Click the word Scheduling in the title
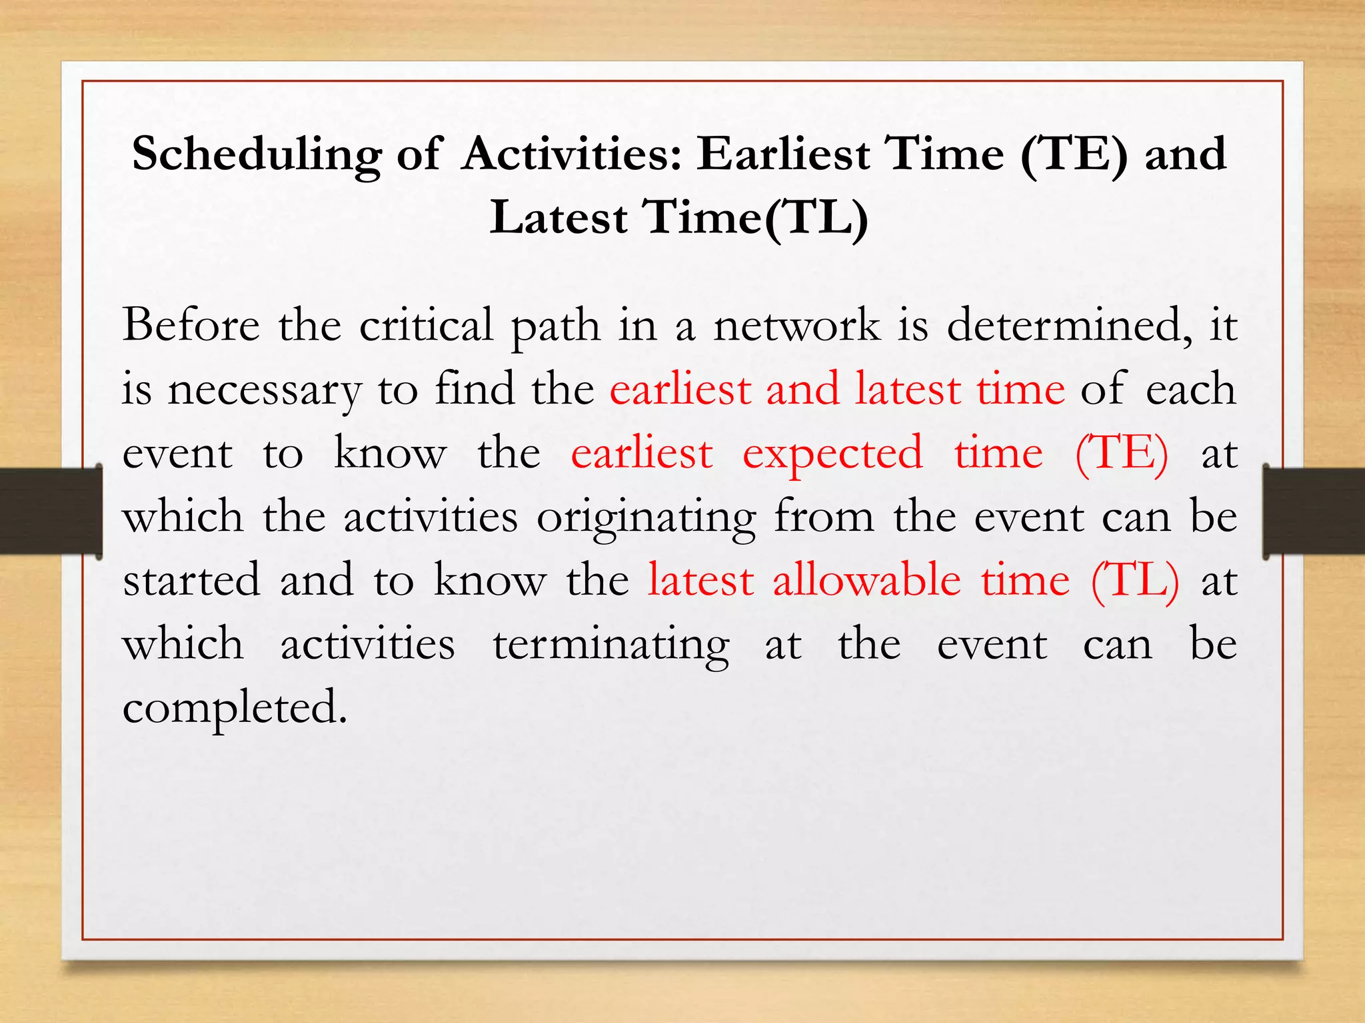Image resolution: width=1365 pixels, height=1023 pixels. pyautogui.click(x=257, y=155)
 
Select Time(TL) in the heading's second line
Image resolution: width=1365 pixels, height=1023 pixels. pyautogui.click(x=754, y=217)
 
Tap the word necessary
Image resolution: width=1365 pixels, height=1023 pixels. pyautogui.click(x=264, y=390)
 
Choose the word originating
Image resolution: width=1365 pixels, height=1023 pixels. pyautogui.click(x=647, y=518)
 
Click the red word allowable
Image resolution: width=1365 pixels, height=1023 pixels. pyautogui.click(x=866, y=579)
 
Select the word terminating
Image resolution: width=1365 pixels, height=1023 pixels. pyautogui.click(x=611, y=645)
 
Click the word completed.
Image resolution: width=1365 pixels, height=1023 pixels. pyautogui.click(x=235, y=709)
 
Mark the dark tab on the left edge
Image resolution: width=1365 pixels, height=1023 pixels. pyautogui.click(x=51, y=511)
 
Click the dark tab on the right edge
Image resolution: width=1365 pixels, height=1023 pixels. pyautogui.click(x=1313, y=511)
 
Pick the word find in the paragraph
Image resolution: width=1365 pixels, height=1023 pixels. pyautogui.click(x=475, y=389)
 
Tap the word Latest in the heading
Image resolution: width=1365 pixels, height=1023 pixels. pyautogui.click(x=559, y=217)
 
